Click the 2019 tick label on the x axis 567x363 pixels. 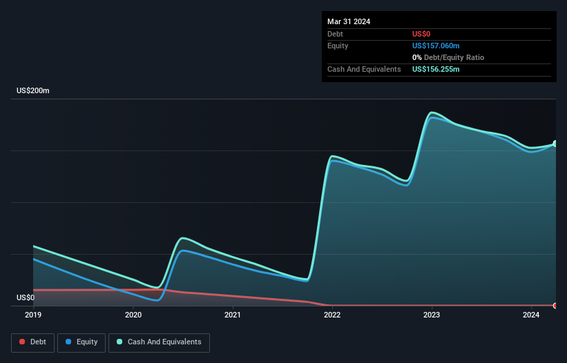33,315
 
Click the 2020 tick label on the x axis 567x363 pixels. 133,315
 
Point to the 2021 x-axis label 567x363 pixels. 233,315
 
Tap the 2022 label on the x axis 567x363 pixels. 332,315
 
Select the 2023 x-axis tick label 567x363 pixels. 432,315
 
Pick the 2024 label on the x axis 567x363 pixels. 531,315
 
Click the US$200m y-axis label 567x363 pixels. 34,91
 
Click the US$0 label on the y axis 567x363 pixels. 25,298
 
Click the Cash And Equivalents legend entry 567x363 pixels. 159,342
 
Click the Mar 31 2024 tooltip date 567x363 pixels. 349,21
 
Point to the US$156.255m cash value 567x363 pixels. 436,70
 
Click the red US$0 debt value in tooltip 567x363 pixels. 422,34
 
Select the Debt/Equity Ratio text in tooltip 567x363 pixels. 452,57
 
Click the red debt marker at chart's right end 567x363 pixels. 555,305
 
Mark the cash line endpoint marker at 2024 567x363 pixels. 555,144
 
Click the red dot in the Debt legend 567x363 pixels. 23,342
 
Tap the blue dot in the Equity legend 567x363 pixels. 69,342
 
